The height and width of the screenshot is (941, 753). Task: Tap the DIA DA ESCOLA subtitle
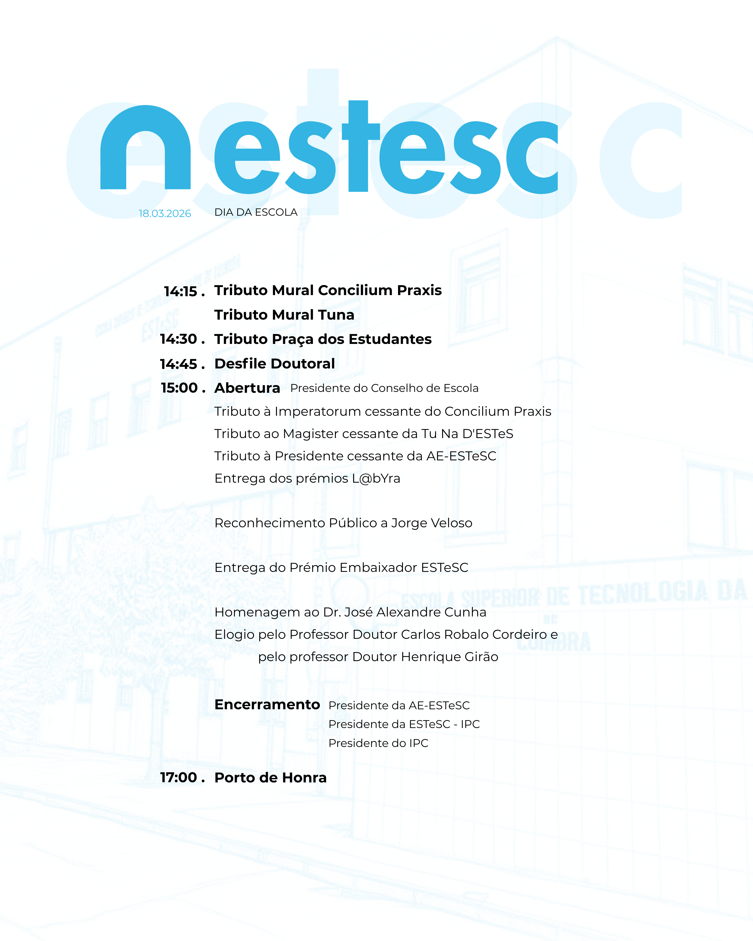pos(256,212)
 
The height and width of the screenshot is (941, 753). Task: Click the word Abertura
pos(247,388)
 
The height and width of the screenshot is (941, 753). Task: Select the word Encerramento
pos(267,705)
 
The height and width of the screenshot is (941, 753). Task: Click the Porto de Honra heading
pos(271,778)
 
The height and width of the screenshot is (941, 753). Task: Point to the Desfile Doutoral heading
pos(275,364)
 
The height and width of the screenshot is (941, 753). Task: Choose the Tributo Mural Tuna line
pos(284,315)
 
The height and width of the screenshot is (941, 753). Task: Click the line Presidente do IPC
pos(378,743)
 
